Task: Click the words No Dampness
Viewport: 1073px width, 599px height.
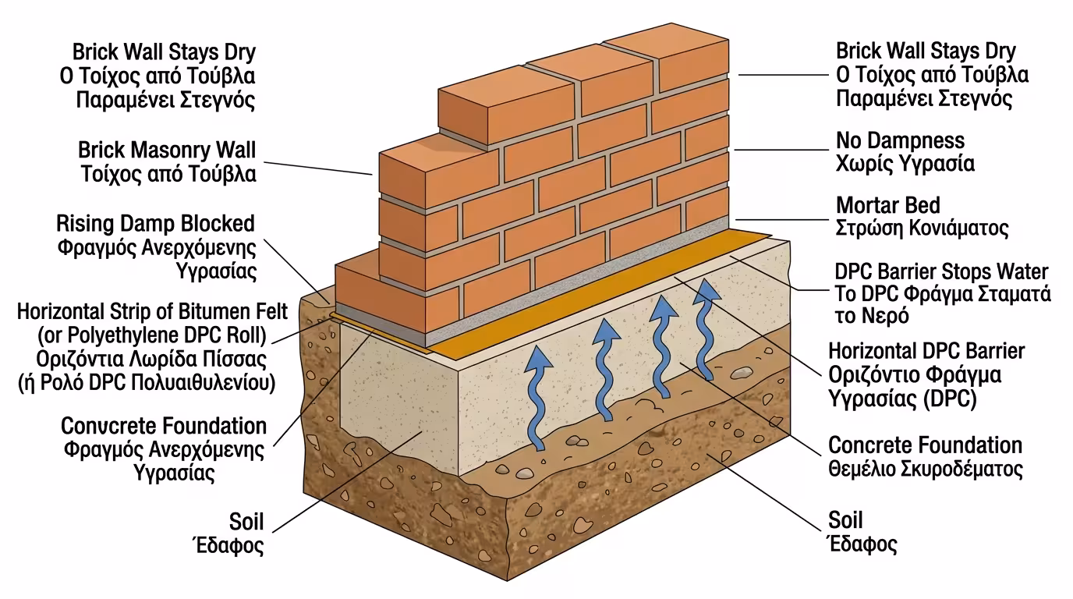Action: click(x=900, y=141)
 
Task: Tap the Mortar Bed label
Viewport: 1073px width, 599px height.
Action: click(x=888, y=206)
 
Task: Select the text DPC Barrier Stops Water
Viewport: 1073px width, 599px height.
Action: click(x=941, y=272)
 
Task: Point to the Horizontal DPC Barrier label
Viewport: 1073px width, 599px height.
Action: click(x=926, y=351)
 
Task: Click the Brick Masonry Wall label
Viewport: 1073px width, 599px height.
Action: click(x=167, y=150)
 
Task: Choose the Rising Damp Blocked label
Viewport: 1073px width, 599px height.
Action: click(x=155, y=224)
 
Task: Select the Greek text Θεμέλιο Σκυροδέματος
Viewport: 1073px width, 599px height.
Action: click(x=925, y=470)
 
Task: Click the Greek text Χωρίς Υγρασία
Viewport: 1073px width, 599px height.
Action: click(x=905, y=165)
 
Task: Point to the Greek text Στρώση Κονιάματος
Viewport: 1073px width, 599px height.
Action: click(x=922, y=229)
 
